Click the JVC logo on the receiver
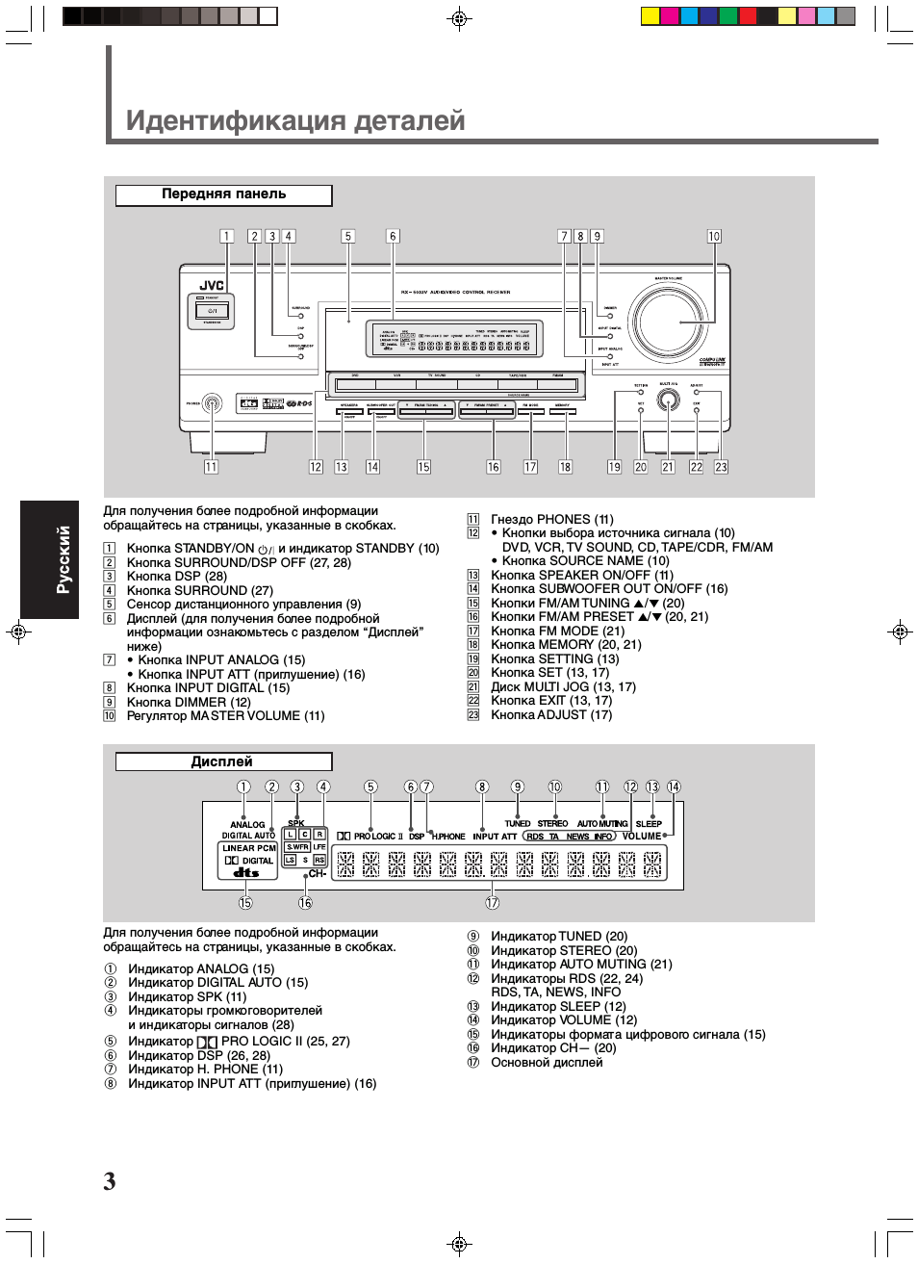coord(212,286)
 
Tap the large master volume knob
coord(669,322)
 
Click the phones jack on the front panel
coord(212,404)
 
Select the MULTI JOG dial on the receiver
coord(668,401)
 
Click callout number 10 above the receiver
coord(714,236)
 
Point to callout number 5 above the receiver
coord(348,236)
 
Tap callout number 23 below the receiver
coord(721,467)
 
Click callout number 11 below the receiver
coord(211,467)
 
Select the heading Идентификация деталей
coord(295,120)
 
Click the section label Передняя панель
coord(223,194)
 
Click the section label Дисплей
coord(222,761)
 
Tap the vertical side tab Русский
coord(64,559)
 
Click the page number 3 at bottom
coord(110,1181)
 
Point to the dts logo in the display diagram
coord(246,872)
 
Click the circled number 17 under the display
coord(492,903)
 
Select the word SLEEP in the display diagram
coord(649,824)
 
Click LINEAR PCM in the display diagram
coord(249,848)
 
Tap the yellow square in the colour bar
coord(650,15)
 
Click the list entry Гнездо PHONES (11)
coord(551,519)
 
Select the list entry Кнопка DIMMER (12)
coord(189,702)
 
